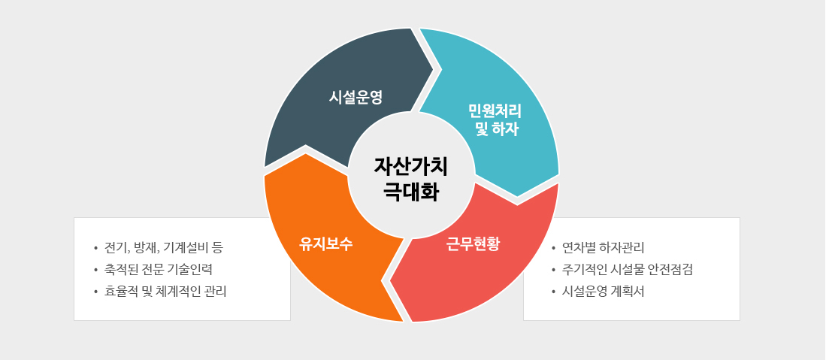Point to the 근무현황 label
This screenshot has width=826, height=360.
coord(473,244)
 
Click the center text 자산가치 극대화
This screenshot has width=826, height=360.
coord(411,179)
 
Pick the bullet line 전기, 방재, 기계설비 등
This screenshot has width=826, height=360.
coord(163,247)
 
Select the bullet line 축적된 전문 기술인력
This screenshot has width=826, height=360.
coord(158,269)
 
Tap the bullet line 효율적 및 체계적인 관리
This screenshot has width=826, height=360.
coord(165,292)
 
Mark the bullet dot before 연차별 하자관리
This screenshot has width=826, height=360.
coord(554,248)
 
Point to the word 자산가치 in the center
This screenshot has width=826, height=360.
coord(411,167)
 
